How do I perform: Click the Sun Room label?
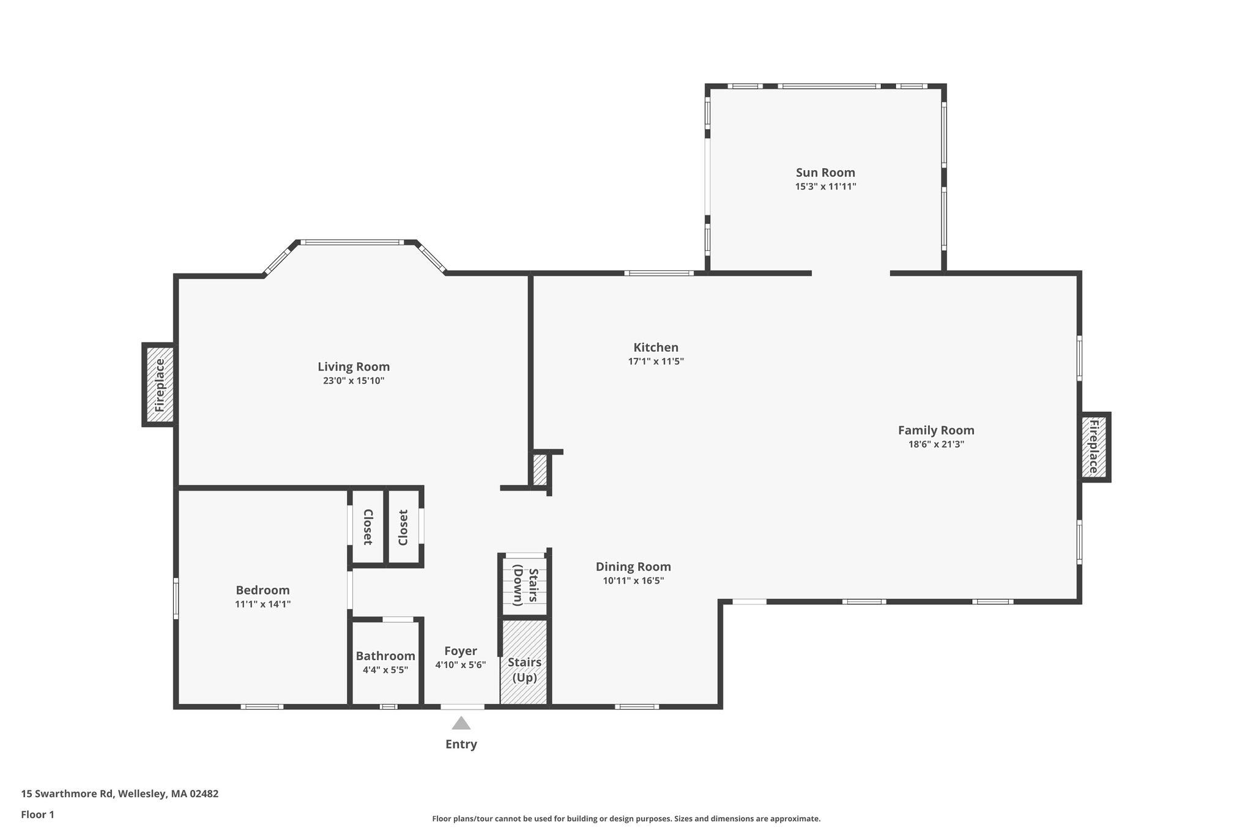click(825, 173)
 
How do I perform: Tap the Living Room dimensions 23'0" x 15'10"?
click(354, 380)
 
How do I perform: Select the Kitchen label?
click(656, 347)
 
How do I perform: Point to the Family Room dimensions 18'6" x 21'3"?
click(936, 444)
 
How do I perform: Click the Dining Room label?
click(633, 567)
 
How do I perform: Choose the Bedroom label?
click(262, 590)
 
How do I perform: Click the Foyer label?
click(461, 651)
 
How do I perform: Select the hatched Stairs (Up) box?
click(524, 662)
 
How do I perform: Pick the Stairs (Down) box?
click(524, 585)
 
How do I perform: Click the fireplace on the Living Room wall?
click(160, 385)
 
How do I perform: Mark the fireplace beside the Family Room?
click(1095, 447)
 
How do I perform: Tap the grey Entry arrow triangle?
click(461, 723)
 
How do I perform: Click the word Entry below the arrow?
click(461, 744)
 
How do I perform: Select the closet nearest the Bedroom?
click(367, 527)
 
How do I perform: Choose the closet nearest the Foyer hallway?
click(403, 527)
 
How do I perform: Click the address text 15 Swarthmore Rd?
click(67, 794)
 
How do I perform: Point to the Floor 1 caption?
click(38, 815)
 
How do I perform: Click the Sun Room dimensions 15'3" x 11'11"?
click(825, 187)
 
